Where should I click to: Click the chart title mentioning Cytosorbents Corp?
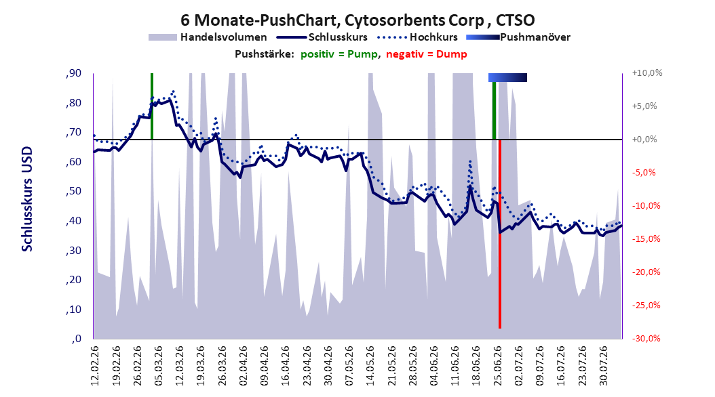357,20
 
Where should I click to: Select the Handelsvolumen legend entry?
208,37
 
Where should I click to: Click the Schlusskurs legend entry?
322,37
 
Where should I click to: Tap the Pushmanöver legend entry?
518,37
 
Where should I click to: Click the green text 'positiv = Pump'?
339,54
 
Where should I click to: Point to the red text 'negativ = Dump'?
427,54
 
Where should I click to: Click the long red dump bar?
500,234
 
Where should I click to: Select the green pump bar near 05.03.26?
152,106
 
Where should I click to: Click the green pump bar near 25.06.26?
495,110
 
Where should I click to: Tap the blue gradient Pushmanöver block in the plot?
507,77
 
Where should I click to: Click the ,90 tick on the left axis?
73,73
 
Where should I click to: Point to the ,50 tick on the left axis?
73,191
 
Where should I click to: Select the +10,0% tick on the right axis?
647,73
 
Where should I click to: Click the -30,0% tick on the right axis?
646,338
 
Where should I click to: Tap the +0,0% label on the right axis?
644,140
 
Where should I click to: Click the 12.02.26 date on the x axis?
95,366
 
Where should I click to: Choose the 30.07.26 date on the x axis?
604,366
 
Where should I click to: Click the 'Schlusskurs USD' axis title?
27,199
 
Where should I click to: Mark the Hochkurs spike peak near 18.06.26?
470,161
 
